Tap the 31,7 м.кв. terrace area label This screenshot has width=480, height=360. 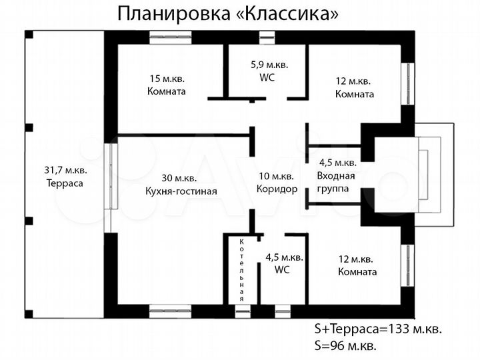pos(64,176)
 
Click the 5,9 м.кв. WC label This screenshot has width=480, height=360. pos(268,71)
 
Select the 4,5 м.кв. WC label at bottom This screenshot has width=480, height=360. pos(285,264)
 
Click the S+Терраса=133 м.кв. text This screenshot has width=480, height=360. pos(377,329)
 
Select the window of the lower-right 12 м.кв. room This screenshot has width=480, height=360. pos(405,265)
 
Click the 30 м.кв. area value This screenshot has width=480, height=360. pos(179,178)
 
